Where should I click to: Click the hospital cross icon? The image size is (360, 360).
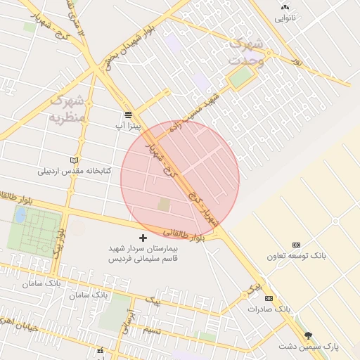tap(144, 238)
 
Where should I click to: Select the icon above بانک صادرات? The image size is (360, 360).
tap(270, 298)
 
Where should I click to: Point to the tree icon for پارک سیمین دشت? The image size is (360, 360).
tap(308, 335)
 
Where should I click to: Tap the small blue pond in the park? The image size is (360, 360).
tap(20, 214)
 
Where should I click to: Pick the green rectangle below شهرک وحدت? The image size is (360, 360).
tap(241, 77)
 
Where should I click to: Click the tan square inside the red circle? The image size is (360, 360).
tap(164, 204)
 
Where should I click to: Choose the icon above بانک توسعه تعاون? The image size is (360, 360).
tap(296, 245)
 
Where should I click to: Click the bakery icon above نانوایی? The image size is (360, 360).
tap(285, 7)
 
